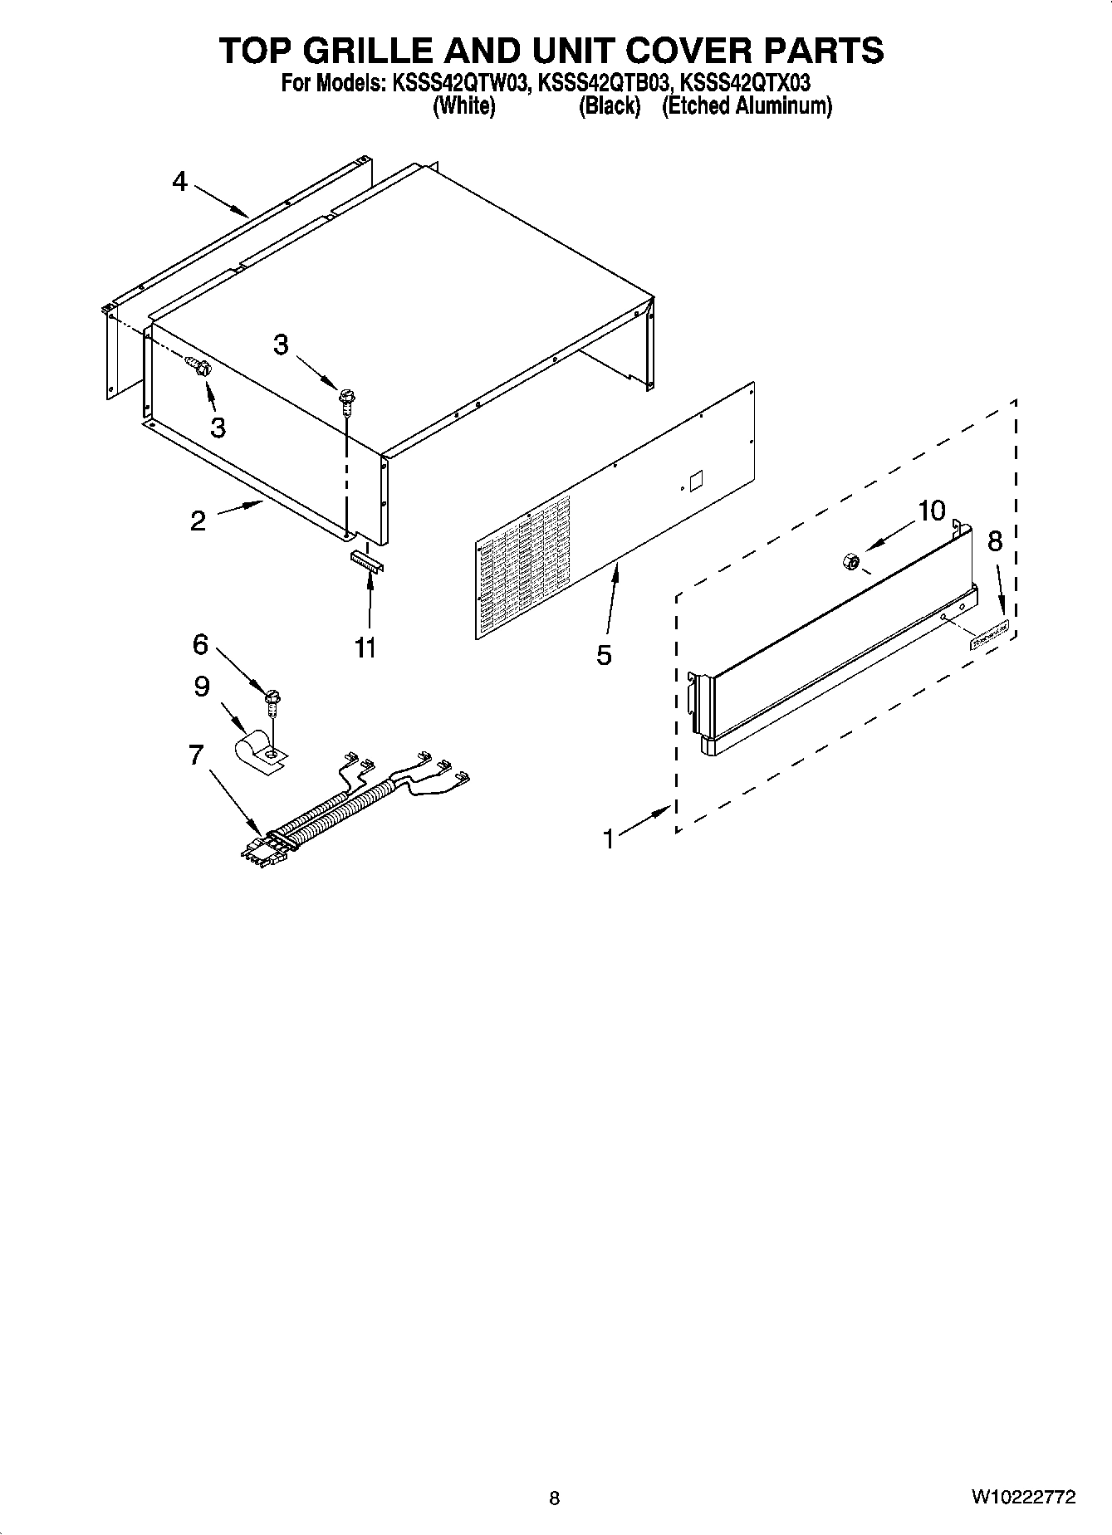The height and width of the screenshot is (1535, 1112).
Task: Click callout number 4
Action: coord(180,181)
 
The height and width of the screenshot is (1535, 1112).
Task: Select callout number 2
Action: coord(198,521)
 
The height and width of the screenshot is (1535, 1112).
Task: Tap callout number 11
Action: coord(365,647)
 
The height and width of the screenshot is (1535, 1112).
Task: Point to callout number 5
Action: coord(604,655)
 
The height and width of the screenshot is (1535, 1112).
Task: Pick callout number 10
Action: coord(932,511)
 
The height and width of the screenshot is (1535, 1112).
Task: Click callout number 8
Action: coord(995,541)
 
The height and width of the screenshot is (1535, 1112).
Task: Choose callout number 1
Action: coord(609,839)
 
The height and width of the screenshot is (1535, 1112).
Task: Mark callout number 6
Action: coord(200,643)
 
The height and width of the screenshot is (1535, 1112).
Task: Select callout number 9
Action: coord(202,687)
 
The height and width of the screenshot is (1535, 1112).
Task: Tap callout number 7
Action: coord(196,755)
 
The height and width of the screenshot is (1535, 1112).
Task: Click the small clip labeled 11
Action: coord(365,560)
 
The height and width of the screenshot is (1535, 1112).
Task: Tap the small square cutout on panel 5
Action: coord(696,482)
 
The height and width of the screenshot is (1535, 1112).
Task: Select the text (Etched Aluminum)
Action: coord(747,105)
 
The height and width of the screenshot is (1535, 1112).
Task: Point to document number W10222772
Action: coord(1023,1497)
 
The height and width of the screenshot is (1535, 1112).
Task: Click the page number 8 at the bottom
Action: coord(555,1498)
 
